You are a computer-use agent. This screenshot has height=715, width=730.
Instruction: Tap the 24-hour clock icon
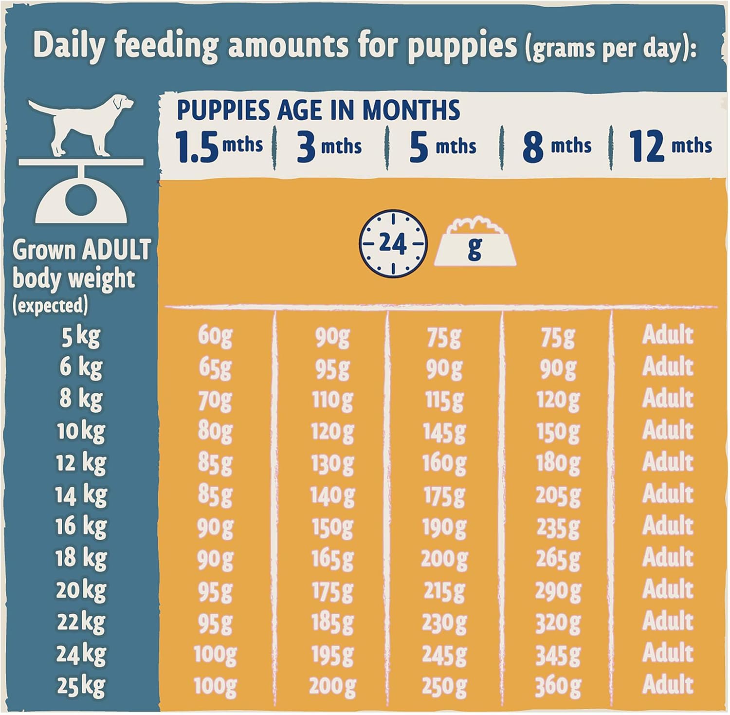392,243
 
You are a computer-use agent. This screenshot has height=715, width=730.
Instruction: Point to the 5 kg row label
80,336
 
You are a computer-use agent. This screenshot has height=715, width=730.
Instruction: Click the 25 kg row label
80,686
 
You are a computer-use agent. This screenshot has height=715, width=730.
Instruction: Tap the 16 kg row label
80,527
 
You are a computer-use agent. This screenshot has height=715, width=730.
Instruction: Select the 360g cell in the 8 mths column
558,686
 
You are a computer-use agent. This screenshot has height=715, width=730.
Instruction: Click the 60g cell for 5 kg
215,336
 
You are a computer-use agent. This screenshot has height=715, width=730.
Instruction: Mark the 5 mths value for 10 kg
444,432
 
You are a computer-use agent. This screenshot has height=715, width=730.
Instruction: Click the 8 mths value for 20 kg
558,591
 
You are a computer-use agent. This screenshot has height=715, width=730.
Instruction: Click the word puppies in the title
462,46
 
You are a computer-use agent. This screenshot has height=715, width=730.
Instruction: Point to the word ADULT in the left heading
116,250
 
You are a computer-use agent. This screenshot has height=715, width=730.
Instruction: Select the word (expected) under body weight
50,306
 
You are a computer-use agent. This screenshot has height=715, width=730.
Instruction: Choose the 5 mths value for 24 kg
444,655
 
